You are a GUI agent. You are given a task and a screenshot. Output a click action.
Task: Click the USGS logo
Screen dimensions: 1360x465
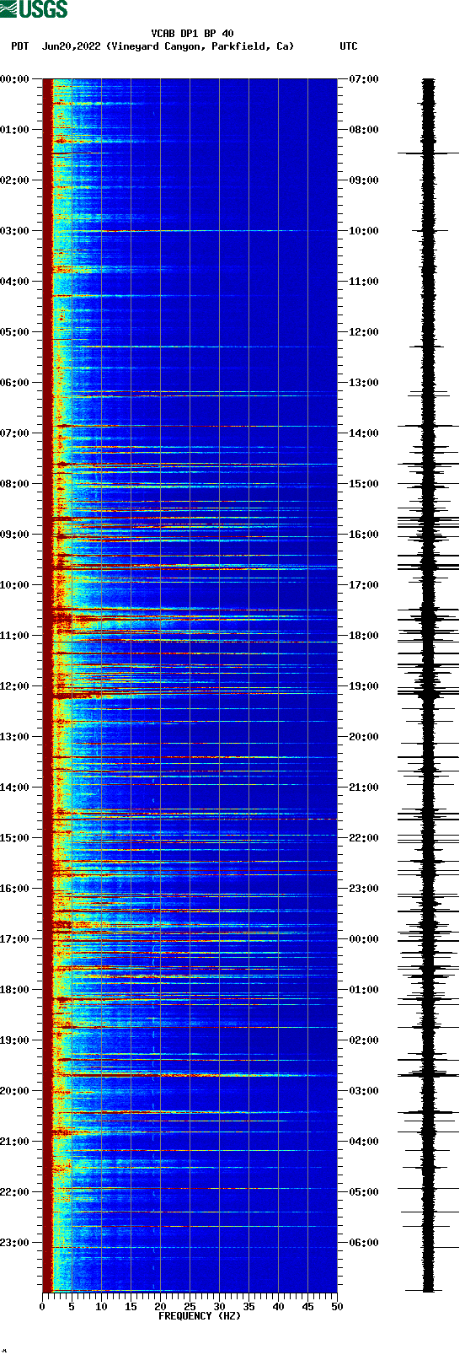pos(34,9)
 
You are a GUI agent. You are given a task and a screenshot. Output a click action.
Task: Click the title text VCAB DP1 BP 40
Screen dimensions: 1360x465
pos(192,34)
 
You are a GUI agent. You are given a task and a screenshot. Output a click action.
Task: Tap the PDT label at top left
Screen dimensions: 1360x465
pos(19,46)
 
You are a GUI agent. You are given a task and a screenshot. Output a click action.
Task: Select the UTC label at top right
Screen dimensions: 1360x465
pos(348,46)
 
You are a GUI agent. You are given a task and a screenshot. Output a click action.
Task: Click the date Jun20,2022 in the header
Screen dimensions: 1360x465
pos(72,46)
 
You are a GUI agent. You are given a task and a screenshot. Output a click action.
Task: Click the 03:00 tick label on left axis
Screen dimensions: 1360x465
pos(15,230)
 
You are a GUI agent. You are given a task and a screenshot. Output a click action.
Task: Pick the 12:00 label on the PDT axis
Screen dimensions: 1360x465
pos(15,685)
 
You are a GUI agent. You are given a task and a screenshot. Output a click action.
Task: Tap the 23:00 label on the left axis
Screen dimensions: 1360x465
pos(15,1242)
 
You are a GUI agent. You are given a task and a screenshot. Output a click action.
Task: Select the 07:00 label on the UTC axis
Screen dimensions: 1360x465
pos(363,78)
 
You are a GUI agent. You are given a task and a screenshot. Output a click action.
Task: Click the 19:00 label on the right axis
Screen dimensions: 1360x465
pos(363,685)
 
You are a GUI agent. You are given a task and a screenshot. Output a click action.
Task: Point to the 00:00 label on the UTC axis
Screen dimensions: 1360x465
pos(363,938)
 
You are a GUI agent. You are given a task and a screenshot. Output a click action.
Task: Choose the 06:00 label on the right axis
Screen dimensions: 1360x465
pos(363,1242)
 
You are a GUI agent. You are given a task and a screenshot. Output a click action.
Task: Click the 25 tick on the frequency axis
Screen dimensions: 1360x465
pos(190,1307)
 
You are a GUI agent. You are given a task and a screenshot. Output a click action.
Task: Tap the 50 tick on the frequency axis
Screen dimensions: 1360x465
pos(337,1307)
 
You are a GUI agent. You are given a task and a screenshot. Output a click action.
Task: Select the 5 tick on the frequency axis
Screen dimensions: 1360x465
pos(72,1307)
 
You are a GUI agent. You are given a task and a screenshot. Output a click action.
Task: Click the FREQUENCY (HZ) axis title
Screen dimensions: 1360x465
pos(200,1315)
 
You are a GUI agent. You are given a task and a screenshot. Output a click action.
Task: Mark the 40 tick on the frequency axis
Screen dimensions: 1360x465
pos(278,1307)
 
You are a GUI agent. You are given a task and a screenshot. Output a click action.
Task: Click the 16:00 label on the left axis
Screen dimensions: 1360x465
pos(15,888)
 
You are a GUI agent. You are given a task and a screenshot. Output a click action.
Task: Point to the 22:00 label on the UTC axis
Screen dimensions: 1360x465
pos(363,837)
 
